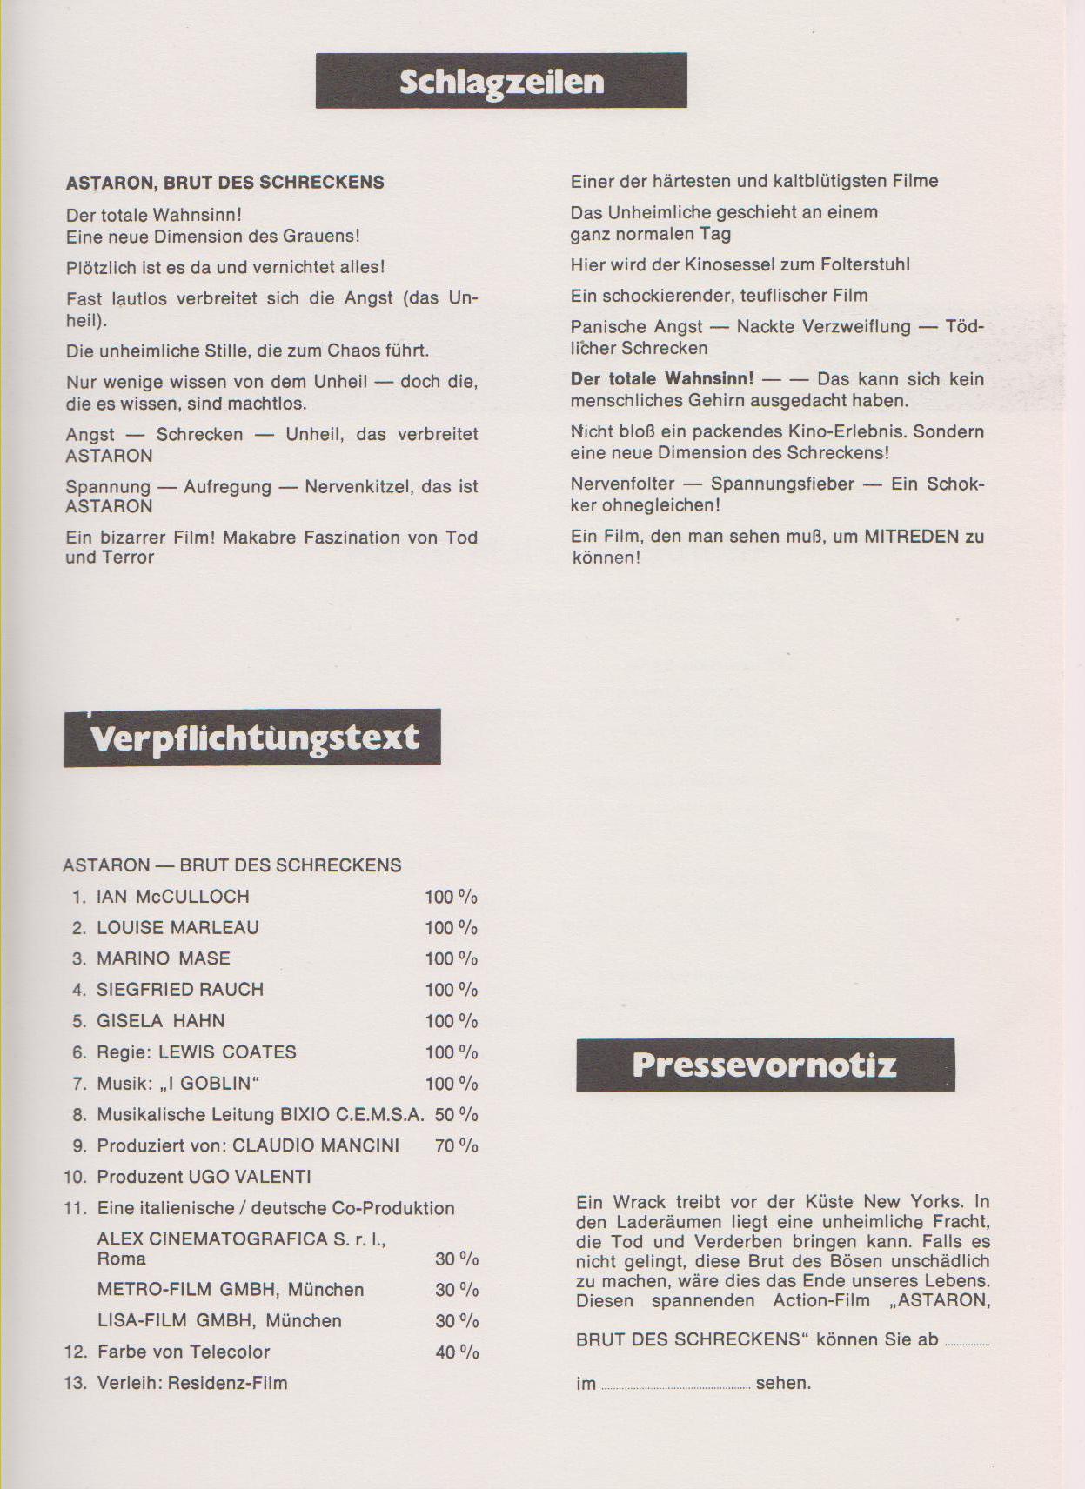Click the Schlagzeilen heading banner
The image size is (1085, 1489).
pyautogui.click(x=501, y=81)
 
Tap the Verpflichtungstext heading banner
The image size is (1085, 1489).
pyautogui.click(x=252, y=738)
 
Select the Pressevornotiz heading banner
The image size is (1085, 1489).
pyautogui.click(x=765, y=1065)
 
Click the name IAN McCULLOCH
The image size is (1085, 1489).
pyautogui.click(x=172, y=897)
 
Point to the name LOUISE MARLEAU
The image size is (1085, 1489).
pyautogui.click(x=177, y=928)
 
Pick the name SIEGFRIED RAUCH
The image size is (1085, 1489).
pyautogui.click(x=179, y=990)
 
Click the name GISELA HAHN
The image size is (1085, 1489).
pyautogui.click(x=160, y=1021)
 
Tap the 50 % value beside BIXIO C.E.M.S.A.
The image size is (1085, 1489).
pyautogui.click(x=456, y=1115)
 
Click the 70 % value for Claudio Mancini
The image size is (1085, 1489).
pyautogui.click(x=456, y=1146)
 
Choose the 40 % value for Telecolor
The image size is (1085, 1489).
pyautogui.click(x=457, y=1352)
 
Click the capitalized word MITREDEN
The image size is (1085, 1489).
pyautogui.click(x=911, y=537)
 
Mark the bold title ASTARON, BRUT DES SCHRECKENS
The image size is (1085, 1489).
pyautogui.click(x=224, y=183)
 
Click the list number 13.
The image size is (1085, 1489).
pyautogui.click(x=76, y=1383)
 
